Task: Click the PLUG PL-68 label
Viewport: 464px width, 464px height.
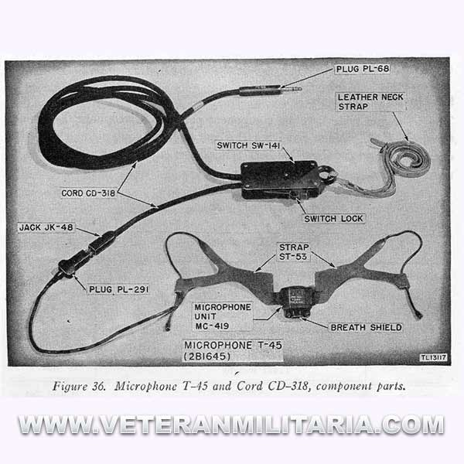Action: tap(363, 69)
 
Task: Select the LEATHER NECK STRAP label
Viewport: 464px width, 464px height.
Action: tap(370, 102)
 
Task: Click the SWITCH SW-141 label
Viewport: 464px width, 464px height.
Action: tap(248, 145)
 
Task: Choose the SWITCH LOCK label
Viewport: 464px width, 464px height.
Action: tap(333, 219)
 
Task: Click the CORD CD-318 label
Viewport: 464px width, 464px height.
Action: tap(88, 193)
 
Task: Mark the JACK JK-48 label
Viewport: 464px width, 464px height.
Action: tap(46, 227)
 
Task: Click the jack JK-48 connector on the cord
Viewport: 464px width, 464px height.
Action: tap(101, 242)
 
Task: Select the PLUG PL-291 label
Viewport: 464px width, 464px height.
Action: tap(118, 289)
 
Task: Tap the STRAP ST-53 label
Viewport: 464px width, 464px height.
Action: tap(294, 252)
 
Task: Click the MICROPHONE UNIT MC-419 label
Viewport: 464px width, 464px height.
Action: tap(223, 316)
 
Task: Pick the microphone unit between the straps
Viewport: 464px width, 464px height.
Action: tap(296, 302)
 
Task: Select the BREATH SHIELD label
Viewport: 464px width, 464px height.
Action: tap(366, 328)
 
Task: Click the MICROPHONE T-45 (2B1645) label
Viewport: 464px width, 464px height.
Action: tap(233, 350)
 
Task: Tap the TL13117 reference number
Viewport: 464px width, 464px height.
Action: tap(434, 358)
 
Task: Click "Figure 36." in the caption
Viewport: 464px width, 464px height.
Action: tap(79, 387)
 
